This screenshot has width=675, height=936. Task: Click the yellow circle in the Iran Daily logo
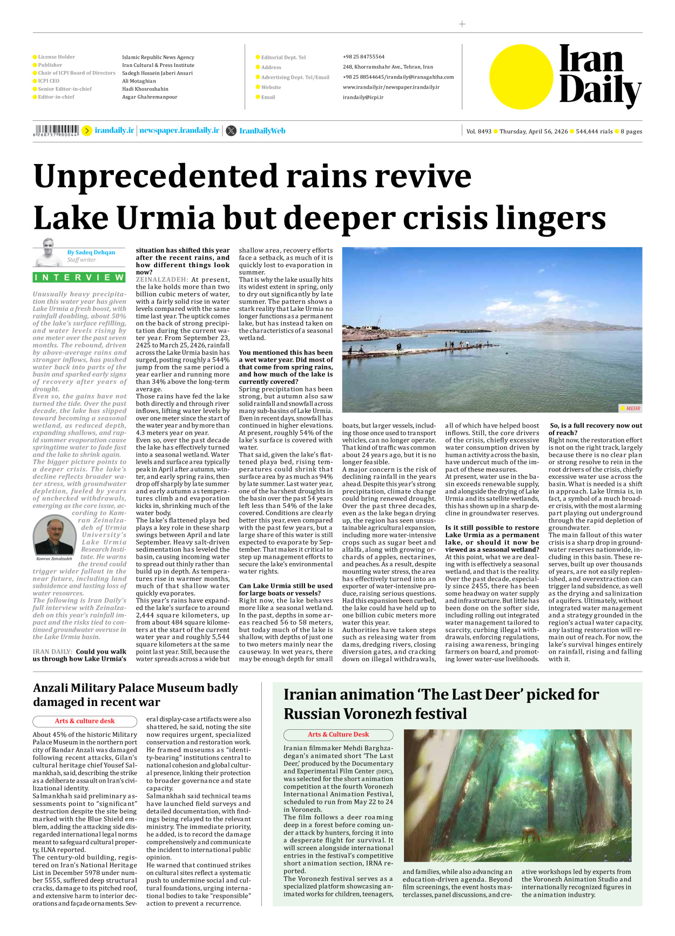pos(521,77)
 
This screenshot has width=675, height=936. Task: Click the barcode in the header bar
pos(56,130)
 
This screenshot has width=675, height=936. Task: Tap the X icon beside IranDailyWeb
pos(231,131)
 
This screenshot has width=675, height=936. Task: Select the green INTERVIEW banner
pos(79,277)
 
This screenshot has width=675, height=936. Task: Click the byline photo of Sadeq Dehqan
pos(48,253)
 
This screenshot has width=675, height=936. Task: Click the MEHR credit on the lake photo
pos(632,408)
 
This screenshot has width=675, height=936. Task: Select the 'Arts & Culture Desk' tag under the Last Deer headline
pos(338,734)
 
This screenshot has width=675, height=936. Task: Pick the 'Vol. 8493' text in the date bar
pos(478,131)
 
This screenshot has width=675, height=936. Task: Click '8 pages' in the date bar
pos(631,131)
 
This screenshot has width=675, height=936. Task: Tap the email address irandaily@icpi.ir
pos(363,97)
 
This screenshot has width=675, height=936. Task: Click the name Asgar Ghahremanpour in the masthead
pos(149,97)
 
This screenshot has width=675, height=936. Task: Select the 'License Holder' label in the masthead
pos(56,57)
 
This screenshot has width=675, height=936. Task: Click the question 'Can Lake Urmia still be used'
pos(286,586)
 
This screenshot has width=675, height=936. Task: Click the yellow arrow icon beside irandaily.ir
pos(86,131)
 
